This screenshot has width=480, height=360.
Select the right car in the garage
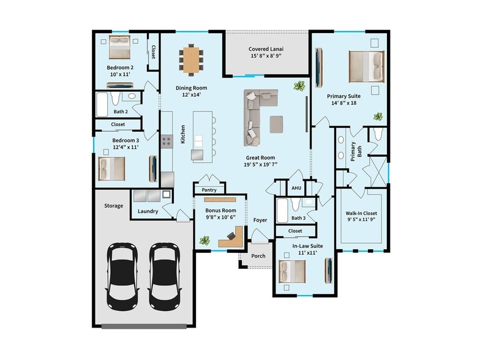pos(165,276)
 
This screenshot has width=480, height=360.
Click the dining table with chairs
pos(192,59)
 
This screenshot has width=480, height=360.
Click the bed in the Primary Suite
pos(366,66)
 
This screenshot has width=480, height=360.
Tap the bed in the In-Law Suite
pos(292,270)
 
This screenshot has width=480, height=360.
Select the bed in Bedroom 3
pos(111,168)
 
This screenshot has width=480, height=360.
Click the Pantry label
pos(209,190)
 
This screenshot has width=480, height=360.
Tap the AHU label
pos(296,188)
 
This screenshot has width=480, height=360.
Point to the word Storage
pos(113,206)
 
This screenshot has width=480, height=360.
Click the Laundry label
pos(148,211)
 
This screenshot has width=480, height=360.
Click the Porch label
pos(258,256)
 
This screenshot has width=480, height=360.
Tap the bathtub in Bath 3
pos(282,209)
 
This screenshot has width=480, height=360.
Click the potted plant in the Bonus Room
pos(204,241)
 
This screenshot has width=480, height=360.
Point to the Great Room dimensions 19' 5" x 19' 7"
pos(262,164)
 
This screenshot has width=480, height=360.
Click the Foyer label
pos(260,220)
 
